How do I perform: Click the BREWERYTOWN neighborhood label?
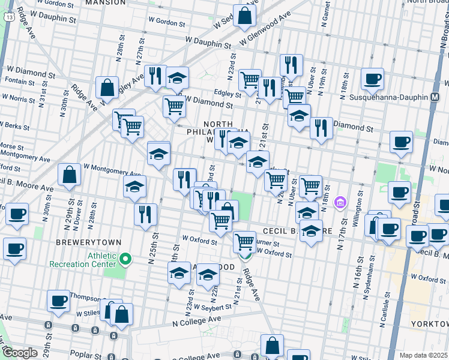click(x=88, y=242)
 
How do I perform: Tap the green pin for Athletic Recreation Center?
click(x=125, y=259)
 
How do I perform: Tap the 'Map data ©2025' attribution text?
click(x=424, y=355)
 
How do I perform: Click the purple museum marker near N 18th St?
click(x=340, y=203)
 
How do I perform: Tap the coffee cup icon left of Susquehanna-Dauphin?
click(x=372, y=79)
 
